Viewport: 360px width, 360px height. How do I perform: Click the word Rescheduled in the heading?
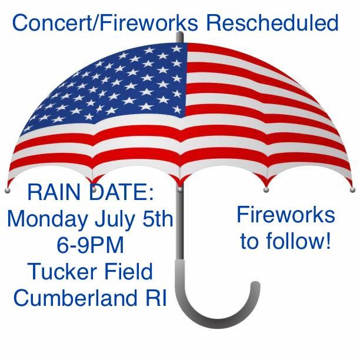pos(272,22)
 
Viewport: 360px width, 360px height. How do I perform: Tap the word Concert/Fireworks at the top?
pos(105,22)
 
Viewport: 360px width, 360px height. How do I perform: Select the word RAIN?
pos(56,192)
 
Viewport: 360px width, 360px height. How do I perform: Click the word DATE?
pos(121,192)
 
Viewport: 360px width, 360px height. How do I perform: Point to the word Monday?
pos(48,220)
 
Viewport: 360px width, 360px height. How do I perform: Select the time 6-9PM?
pos(90,245)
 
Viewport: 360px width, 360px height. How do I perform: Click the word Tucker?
pos(63,271)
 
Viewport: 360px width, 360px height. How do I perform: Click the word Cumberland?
pos(75,297)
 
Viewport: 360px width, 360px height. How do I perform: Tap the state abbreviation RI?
pos(155,297)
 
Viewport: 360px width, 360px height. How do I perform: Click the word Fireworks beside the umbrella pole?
pos(286,215)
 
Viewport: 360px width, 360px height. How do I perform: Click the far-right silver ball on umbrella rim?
pos(352,189)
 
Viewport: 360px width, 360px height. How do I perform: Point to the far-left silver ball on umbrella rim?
pos(7,191)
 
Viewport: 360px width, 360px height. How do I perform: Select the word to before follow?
pos(250,241)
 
